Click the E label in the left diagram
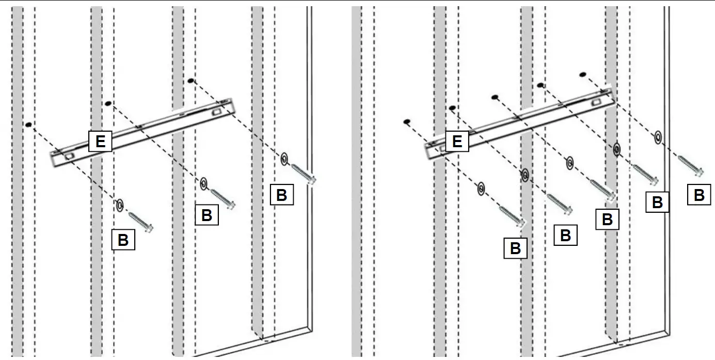coord(100,141)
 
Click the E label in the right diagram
coord(457,141)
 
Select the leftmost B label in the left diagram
coord(123,240)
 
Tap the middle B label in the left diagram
coord(206,215)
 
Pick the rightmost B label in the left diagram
coord(281,195)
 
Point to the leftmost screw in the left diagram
coord(140,223)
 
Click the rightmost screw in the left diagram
coord(304,174)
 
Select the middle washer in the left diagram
coord(203,182)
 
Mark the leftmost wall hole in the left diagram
coord(29,124)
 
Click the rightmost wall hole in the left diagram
coord(191,81)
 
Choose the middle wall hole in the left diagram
coord(108,104)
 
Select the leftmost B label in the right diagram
coord(515,248)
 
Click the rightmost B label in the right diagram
coord(699,195)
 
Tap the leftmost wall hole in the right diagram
coord(406,122)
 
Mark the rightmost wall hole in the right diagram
coord(583,75)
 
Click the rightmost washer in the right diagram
coord(658,137)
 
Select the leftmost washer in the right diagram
coord(481,190)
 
